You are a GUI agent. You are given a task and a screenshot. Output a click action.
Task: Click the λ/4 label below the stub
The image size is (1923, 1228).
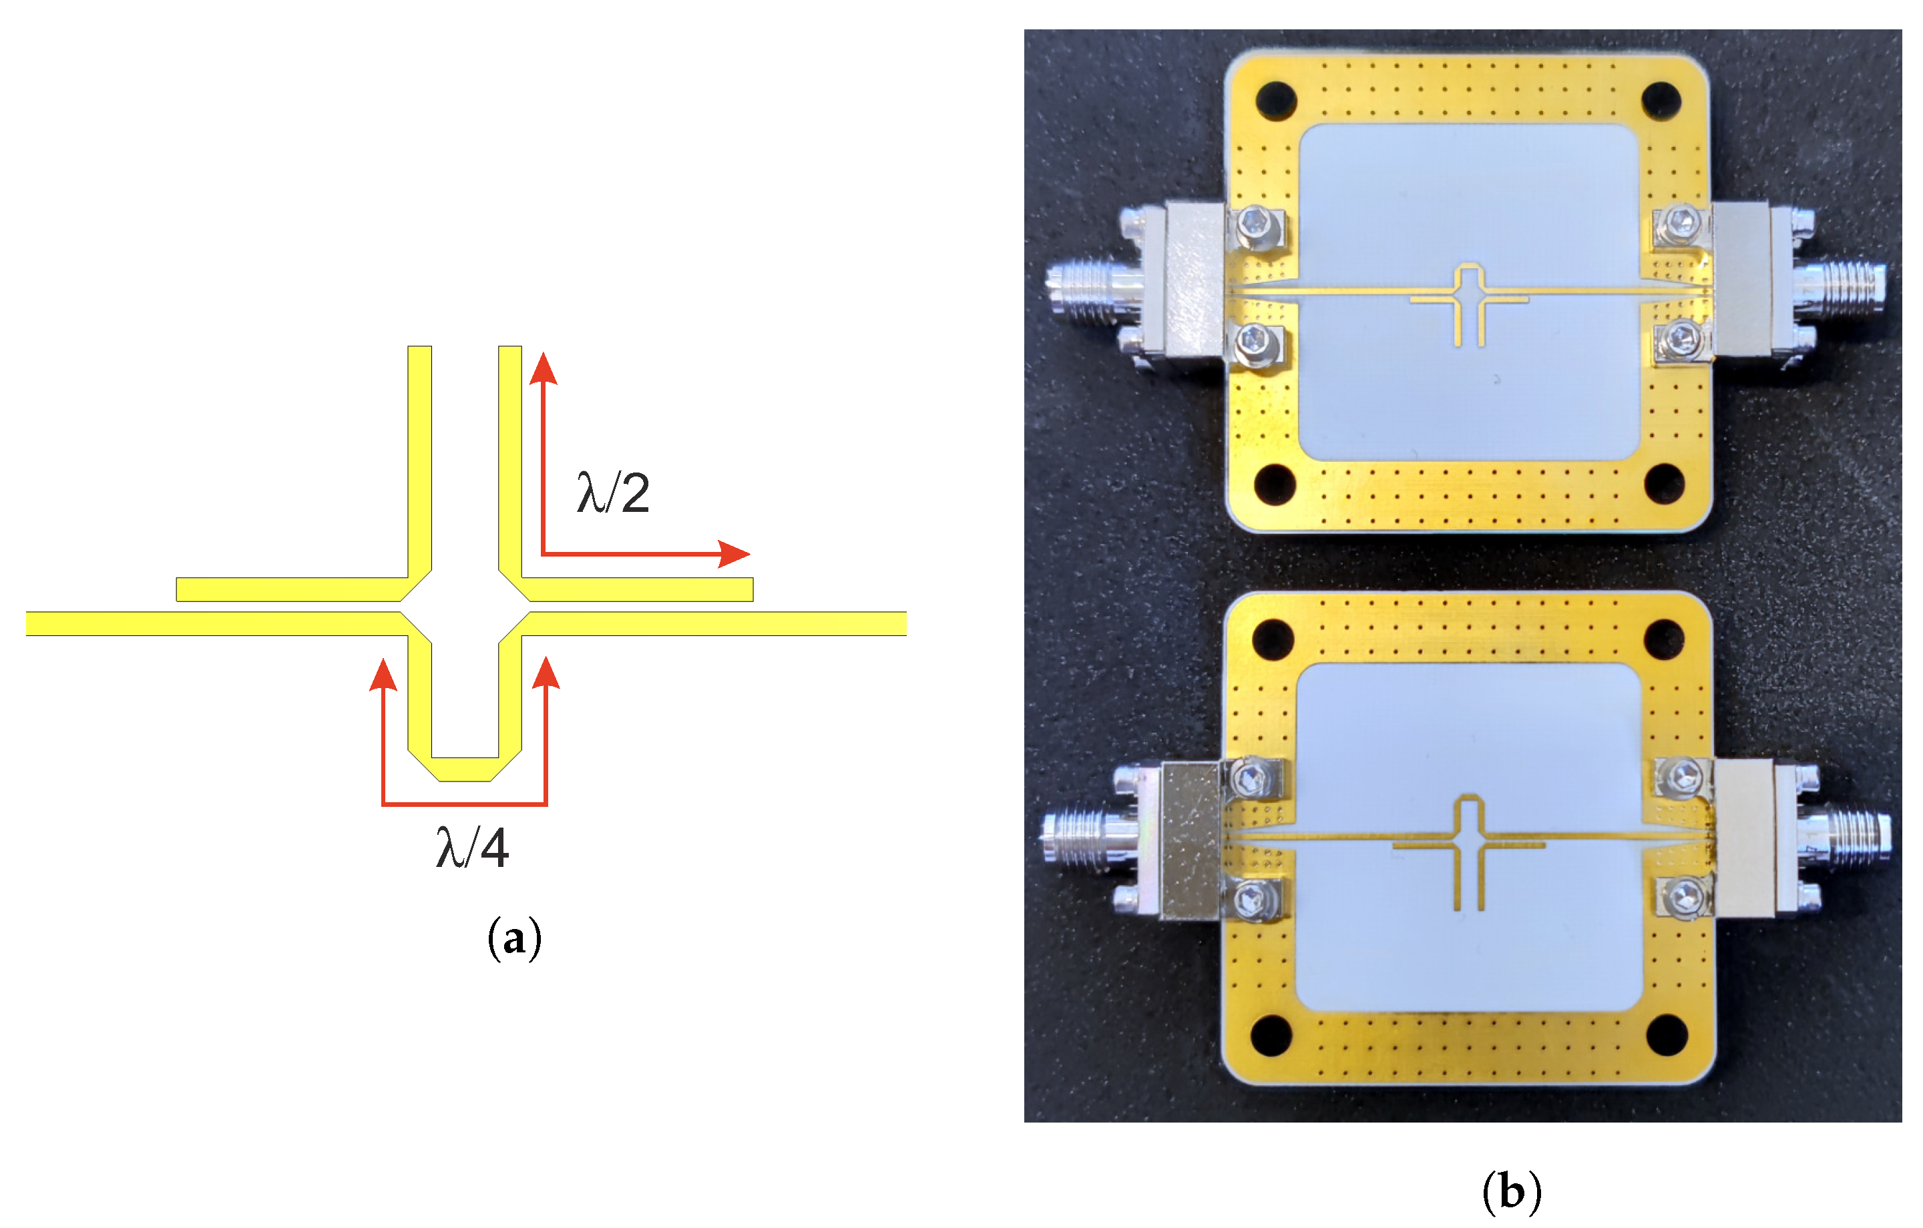pos(472,848)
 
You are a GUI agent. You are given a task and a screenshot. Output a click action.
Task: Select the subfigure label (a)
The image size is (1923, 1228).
pos(514,939)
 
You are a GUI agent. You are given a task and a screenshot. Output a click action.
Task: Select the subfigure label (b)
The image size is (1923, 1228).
pos(1512,1192)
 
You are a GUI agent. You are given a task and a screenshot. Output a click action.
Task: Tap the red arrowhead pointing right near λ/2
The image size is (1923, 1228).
pos(734,553)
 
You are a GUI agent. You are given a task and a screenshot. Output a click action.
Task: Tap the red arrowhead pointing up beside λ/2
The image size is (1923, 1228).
pos(543,369)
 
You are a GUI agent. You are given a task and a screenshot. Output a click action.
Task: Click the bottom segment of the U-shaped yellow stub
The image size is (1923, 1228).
pos(465,769)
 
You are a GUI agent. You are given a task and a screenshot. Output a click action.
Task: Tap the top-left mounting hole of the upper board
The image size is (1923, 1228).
pos(1275,101)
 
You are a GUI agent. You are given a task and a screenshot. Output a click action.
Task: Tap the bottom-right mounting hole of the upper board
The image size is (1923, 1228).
pos(1665,485)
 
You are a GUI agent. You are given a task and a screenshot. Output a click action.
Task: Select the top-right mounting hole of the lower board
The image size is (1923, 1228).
pos(1665,639)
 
